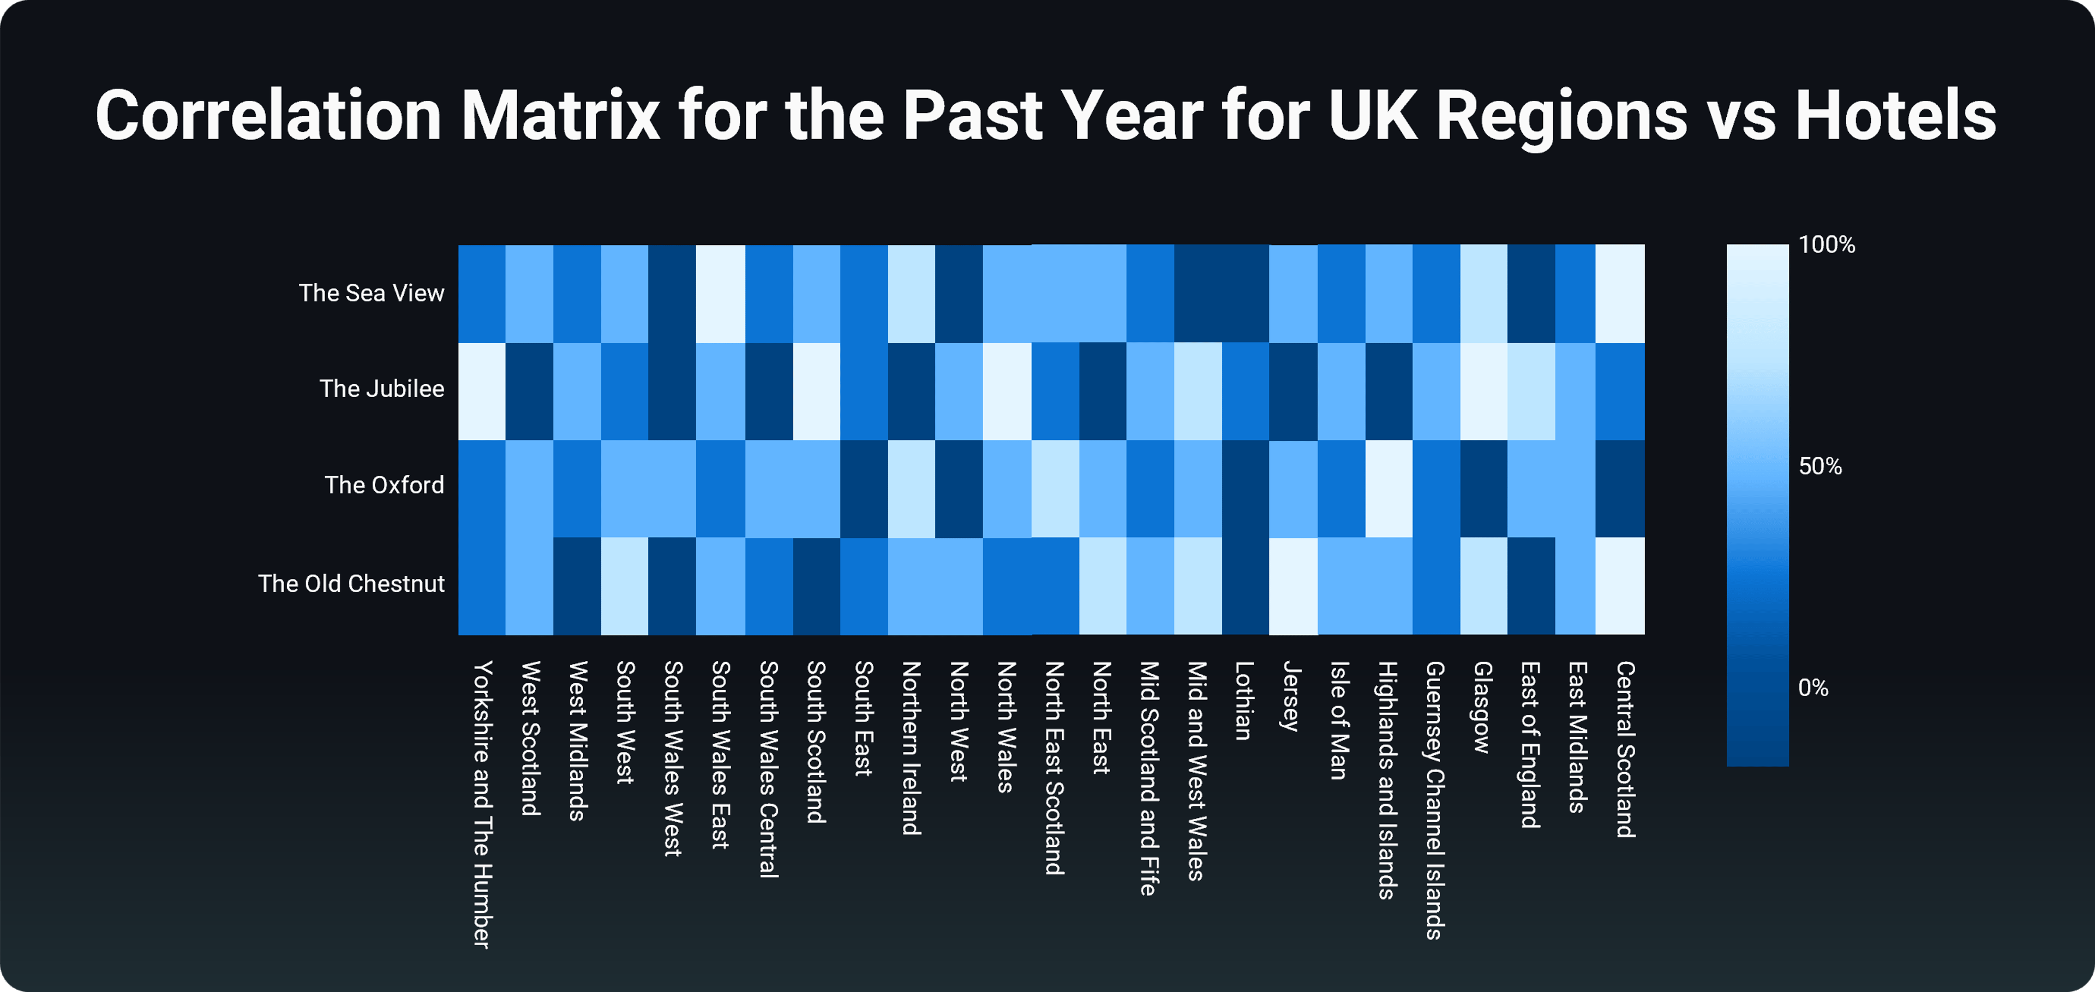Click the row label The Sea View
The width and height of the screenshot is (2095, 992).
coord(372,292)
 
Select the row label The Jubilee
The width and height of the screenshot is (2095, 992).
coord(382,389)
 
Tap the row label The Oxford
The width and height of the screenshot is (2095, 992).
coord(385,485)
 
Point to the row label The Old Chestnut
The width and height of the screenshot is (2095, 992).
coord(351,584)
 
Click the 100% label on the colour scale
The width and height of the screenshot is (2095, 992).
coord(1827,245)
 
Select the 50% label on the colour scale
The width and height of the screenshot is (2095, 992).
coord(1820,466)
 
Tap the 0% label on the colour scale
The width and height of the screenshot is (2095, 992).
coord(1813,688)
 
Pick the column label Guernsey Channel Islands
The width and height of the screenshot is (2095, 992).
coord(1435,800)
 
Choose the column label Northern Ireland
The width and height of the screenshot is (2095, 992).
coord(911,748)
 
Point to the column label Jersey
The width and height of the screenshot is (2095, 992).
coord(1291,696)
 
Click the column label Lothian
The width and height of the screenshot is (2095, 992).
coord(1243,701)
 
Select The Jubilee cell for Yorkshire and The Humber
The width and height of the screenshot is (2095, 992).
coord(482,391)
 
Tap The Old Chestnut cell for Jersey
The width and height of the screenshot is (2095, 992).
coord(1293,586)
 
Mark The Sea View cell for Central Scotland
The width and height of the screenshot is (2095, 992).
coord(1620,294)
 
